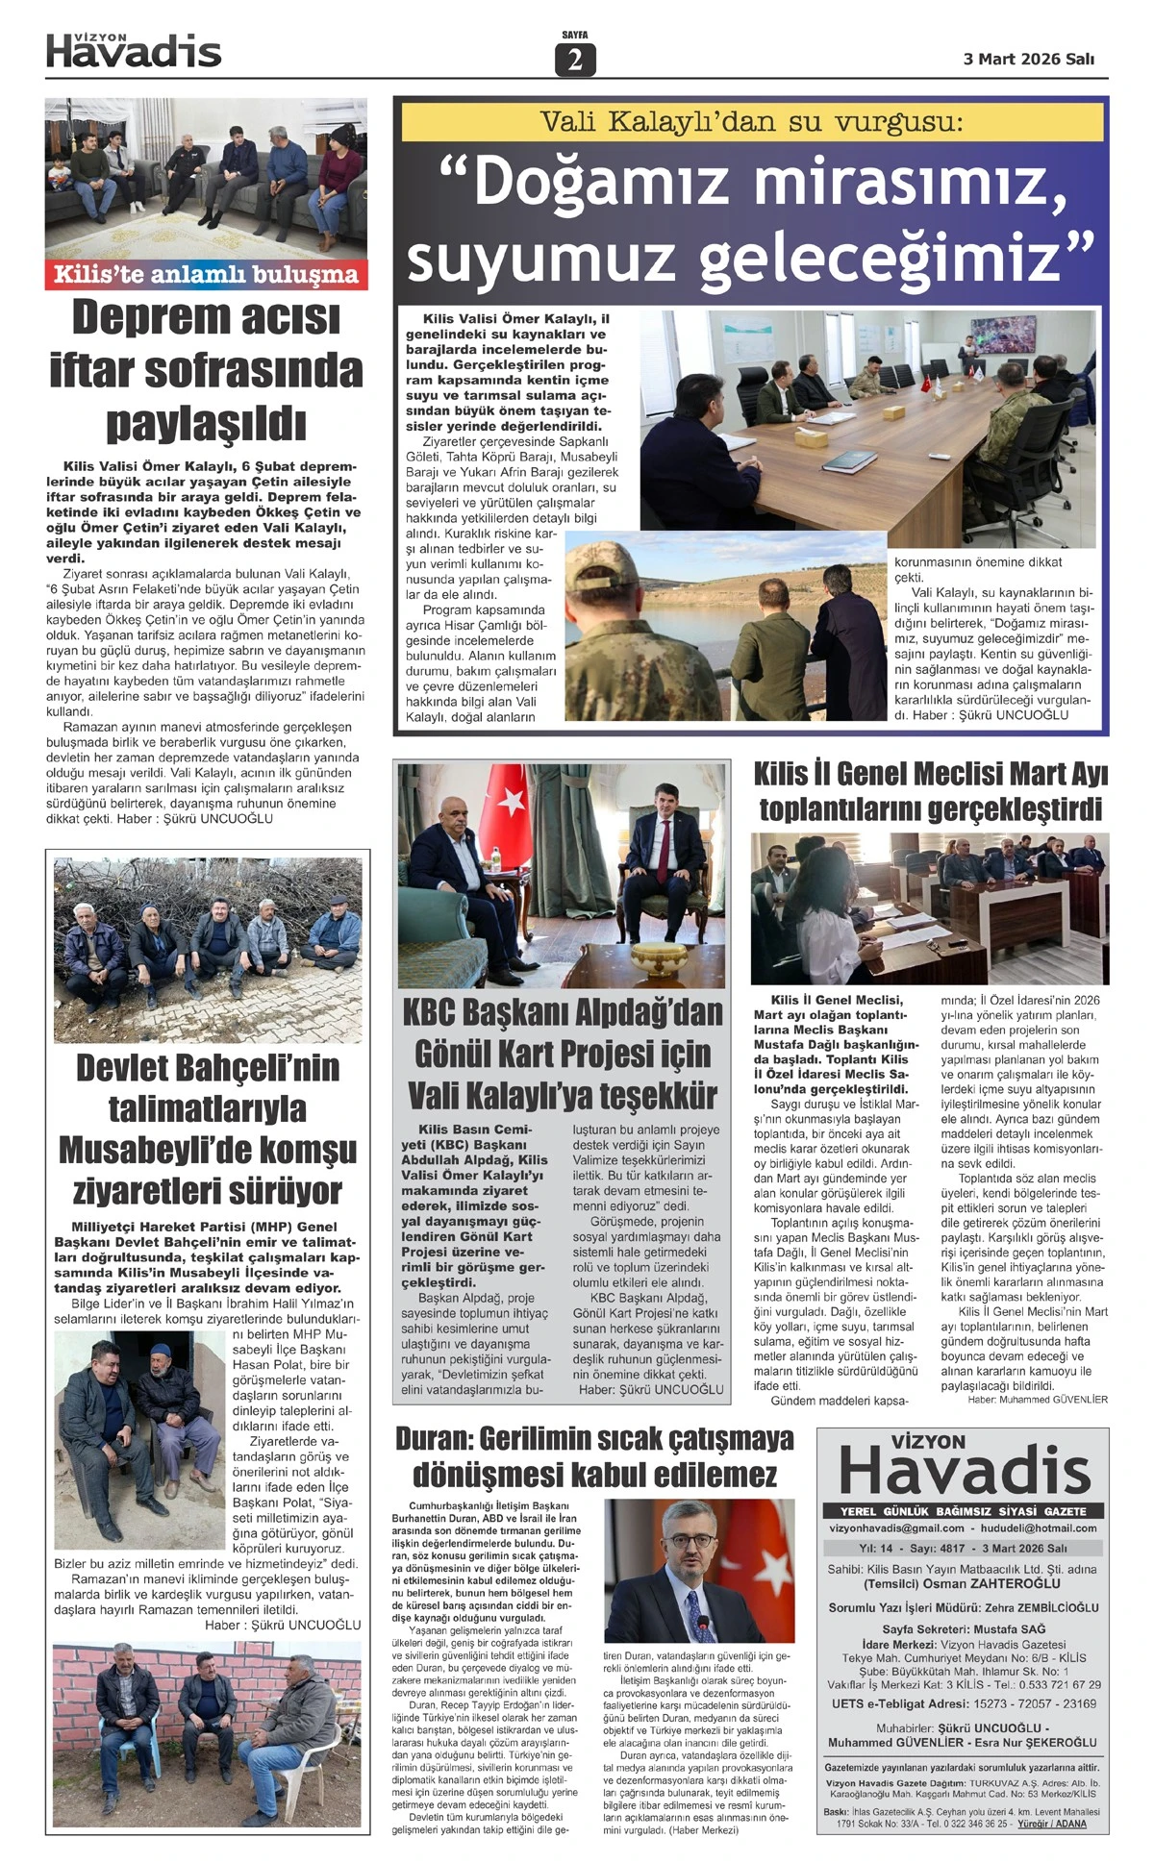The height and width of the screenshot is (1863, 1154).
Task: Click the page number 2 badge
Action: pos(575,60)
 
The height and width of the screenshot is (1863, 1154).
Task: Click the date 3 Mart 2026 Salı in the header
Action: pos(1028,59)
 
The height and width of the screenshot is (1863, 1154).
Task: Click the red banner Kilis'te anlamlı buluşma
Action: pos(206,275)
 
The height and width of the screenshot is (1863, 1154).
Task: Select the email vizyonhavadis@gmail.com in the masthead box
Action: pos(896,1528)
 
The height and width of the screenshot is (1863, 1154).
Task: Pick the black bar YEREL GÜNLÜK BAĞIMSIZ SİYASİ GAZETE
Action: pos(963,1511)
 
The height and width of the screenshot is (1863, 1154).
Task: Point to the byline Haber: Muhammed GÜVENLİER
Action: pos(1038,1400)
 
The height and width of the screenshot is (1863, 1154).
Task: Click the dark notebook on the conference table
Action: pos(850,460)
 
